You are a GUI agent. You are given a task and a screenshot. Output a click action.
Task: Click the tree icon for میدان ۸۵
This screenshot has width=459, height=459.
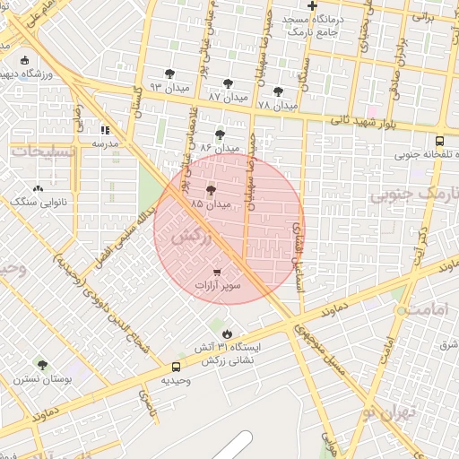pos(212,190)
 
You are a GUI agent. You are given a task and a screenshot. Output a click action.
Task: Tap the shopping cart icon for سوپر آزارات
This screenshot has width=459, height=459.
pos(218,271)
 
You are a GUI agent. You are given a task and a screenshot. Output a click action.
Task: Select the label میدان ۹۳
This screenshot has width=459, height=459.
pos(167,86)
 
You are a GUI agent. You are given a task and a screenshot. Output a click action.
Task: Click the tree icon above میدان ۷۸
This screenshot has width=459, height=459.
pos(278,91)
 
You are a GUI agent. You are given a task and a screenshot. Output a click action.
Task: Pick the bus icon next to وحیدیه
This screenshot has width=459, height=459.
pos(176,367)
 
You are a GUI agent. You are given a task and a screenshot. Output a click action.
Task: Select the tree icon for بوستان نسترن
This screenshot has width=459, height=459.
pos(42,364)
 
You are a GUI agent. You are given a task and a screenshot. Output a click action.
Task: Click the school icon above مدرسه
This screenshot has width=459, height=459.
pos(104,129)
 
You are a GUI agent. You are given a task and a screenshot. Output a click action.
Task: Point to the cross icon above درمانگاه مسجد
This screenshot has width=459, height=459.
pos(311,6)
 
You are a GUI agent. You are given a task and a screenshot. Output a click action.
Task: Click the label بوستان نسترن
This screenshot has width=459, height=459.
pos(43,379)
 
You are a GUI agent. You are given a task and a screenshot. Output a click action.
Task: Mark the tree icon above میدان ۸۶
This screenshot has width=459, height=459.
pos(219,134)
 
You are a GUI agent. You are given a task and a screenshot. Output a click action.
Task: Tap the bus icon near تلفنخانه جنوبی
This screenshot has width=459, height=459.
pos(439,141)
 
